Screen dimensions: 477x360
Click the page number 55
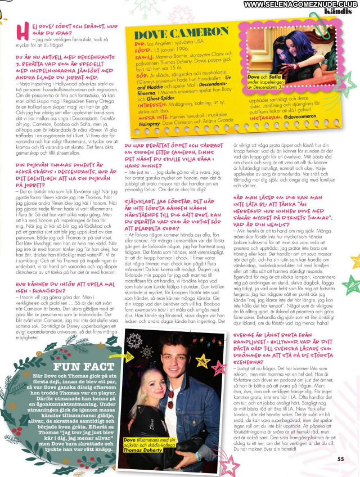(341, 459)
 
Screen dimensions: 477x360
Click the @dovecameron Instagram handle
(304, 115)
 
